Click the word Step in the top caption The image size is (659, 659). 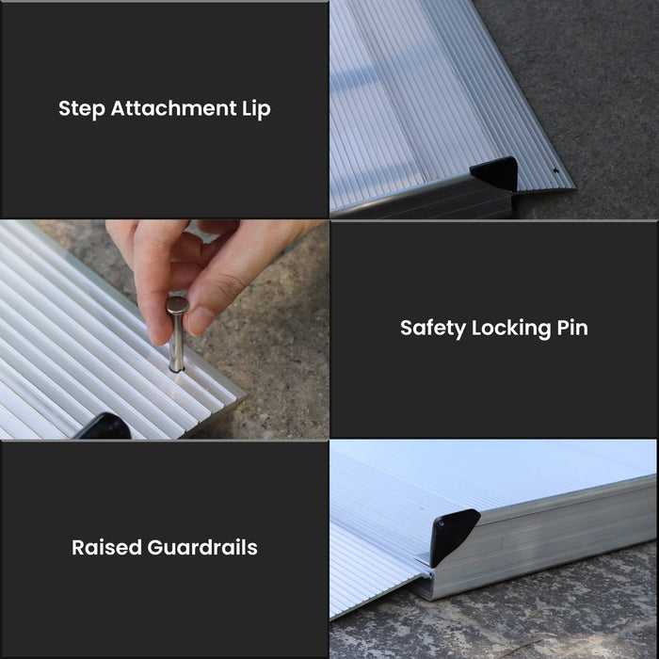click(x=82, y=108)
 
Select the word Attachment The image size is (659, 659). click(x=170, y=108)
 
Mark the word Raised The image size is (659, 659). click(x=106, y=547)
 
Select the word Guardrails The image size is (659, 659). click(x=202, y=547)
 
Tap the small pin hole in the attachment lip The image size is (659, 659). click(x=556, y=172)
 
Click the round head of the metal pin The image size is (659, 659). click(x=176, y=304)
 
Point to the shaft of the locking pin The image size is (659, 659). click(x=176, y=344)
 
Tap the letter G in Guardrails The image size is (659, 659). click(x=156, y=547)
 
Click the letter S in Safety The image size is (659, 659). click(x=407, y=329)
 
